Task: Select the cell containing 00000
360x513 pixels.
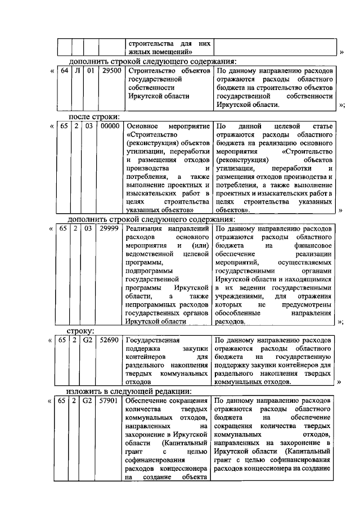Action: (110, 127)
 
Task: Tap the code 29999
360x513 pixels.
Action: (110, 229)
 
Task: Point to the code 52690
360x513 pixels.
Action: (110, 340)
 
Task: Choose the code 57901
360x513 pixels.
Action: (110, 400)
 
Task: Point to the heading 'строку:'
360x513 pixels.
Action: (80, 331)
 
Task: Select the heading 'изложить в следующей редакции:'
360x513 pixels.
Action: (129, 391)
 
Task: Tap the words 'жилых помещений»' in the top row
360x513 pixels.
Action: (157, 52)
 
